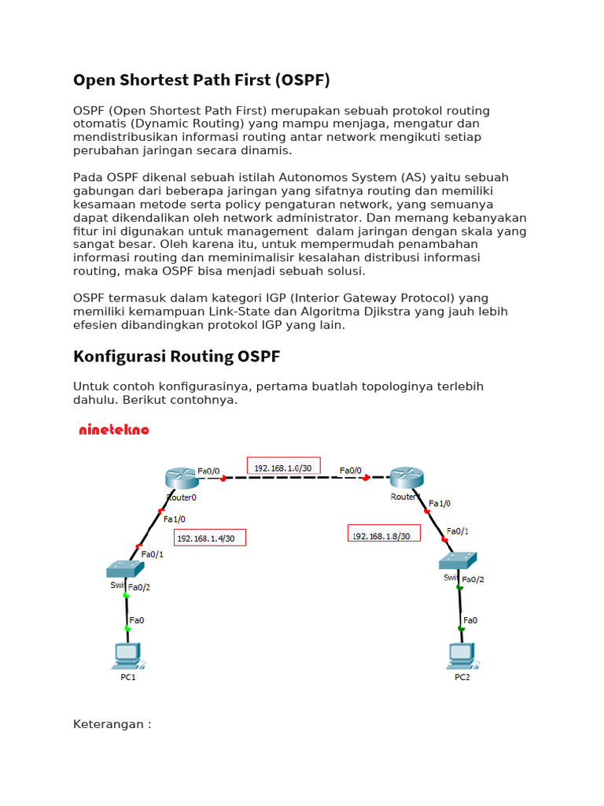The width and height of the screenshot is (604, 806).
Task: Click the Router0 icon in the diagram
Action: pos(180,478)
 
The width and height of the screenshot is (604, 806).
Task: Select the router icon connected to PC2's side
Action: pos(406,477)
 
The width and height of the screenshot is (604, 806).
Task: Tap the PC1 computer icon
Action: pos(127,654)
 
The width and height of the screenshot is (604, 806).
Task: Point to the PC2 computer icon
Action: pos(462,654)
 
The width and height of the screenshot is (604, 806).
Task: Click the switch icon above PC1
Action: pos(126,568)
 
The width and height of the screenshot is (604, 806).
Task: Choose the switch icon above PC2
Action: pos(459,560)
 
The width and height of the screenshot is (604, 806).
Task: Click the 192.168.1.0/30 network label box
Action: pos(283,467)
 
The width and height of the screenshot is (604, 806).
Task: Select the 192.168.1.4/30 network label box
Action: pos(209,538)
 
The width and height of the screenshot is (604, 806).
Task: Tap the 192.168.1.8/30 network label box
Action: pos(384,534)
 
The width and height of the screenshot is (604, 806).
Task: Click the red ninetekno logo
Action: pos(114,430)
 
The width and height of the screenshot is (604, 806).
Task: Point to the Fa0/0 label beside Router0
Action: pos(208,471)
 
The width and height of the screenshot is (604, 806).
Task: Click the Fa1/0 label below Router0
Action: pos(174,519)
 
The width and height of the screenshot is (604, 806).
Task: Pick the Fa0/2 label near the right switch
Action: pos(473,579)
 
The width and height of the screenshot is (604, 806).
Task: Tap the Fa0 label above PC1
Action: pos(137,620)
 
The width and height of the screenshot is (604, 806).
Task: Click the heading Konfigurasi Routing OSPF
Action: pos(176,357)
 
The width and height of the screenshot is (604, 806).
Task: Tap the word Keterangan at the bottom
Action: pos(108,724)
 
